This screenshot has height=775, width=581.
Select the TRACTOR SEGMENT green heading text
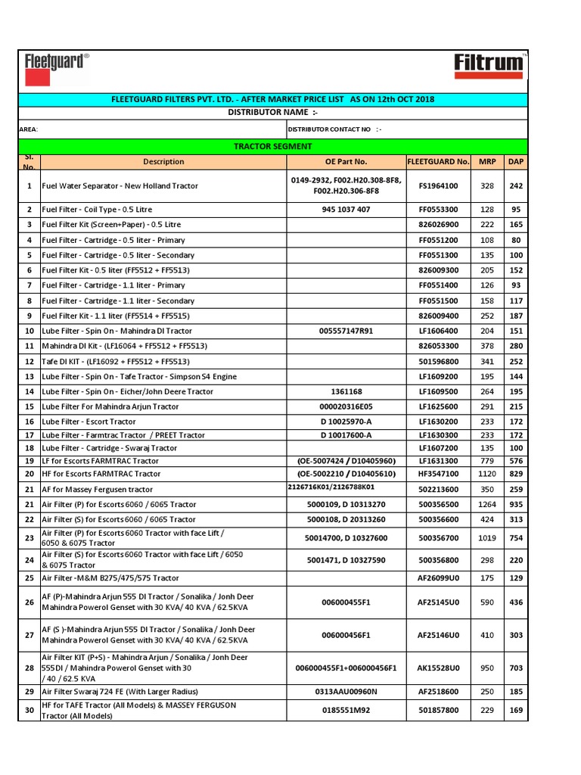pos(273,146)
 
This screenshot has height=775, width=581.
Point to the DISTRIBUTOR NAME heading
pos(273,113)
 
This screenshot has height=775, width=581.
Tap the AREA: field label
pos(28,129)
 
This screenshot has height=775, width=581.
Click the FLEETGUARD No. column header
pos(439,161)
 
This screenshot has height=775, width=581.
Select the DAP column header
pos(516,161)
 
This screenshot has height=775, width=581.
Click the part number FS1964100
pos(439,185)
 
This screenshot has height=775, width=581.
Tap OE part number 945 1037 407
pos(346,209)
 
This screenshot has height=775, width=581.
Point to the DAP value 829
pos(516,473)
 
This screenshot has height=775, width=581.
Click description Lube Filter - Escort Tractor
pos(89,421)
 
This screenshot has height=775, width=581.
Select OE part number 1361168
pos(346,391)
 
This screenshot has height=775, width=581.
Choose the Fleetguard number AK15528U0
pos(439,668)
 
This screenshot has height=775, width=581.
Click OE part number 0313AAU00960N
pos(346,692)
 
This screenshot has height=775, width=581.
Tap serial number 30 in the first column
pos(29,710)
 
